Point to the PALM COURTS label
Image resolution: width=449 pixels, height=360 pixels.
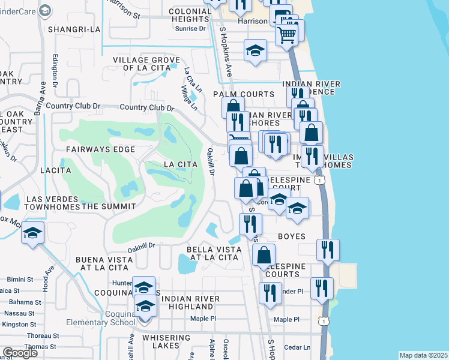243,95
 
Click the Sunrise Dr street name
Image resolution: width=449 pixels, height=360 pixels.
186,28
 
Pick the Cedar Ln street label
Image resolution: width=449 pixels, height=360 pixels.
297,347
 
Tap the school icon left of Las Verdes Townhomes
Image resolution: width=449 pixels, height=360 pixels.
33,232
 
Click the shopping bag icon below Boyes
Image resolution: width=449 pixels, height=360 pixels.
264,254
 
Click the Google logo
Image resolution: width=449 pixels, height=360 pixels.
20,353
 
